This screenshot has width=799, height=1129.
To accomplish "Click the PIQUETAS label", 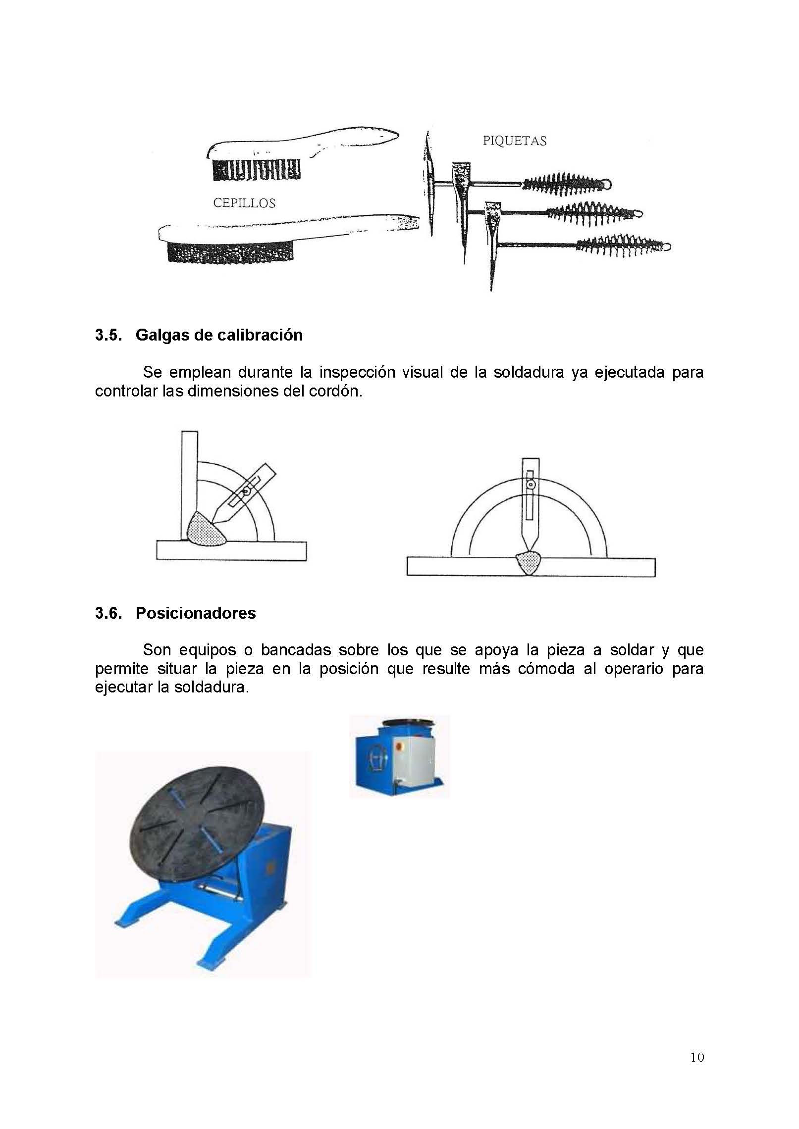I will (x=514, y=141).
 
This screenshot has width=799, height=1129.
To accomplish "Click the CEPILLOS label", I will (x=244, y=203).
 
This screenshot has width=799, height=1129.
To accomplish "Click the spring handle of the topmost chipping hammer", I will (x=565, y=183).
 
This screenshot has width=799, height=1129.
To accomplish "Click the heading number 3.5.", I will (x=108, y=335).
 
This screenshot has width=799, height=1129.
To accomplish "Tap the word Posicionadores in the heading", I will (x=196, y=613).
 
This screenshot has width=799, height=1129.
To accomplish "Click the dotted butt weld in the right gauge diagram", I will (x=529, y=563).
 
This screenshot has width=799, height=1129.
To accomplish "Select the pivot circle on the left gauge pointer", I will (x=246, y=492).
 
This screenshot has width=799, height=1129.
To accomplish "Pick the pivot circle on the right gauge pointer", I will (x=531, y=485).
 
